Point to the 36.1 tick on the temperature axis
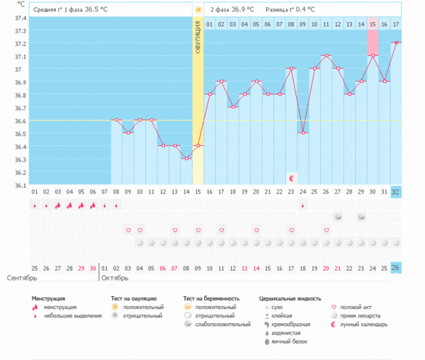point(16,186)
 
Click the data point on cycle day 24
point(303,133)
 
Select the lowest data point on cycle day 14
point(186,158)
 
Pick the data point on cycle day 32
point(396,43)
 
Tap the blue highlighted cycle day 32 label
point(396,192)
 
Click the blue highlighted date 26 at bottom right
point(396,267)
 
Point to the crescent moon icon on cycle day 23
point(291,176)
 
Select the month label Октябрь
point(115,278)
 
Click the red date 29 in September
point(81,267)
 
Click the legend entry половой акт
point(356,308)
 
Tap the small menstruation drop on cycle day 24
point(303,206)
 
